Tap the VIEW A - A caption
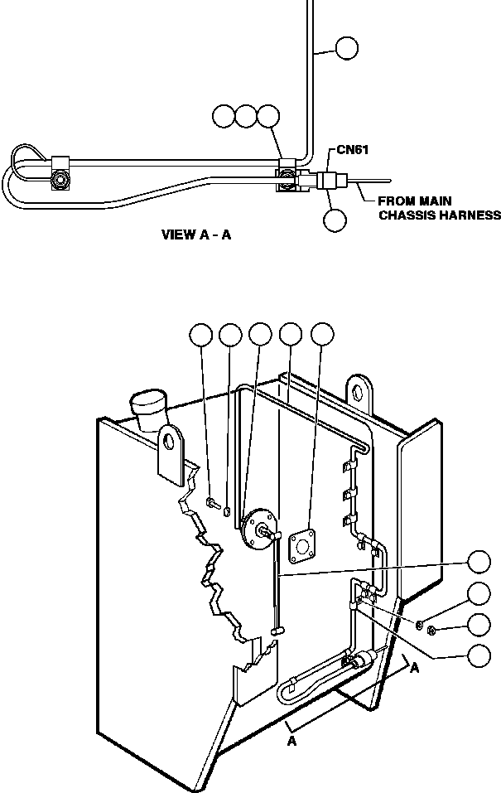click(x=195, y=235)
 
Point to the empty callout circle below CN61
click(x=335, y=220)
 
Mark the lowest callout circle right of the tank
click(x=479, y=655)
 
